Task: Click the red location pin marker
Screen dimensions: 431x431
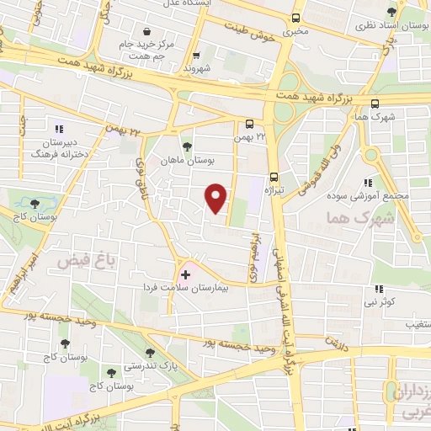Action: tap(216, 198)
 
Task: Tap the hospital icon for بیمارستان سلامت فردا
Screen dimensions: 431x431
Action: tap(185, 275)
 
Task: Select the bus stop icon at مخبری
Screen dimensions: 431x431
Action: tap(295, 18)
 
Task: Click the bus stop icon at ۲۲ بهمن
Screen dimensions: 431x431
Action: tap(249, 122)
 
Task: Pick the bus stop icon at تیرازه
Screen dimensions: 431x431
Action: tap(274, 177)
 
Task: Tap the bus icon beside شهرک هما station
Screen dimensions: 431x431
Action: tap(375, 102)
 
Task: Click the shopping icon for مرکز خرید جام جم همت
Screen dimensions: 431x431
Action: tap(148, 31)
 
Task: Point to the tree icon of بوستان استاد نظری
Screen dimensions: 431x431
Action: tap(390, 11)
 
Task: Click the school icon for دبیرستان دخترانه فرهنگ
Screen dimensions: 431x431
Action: tap(59, 129)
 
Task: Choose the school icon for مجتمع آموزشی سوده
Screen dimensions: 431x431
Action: tap(367, 182)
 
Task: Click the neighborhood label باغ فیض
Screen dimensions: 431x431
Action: tap(79, 262)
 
